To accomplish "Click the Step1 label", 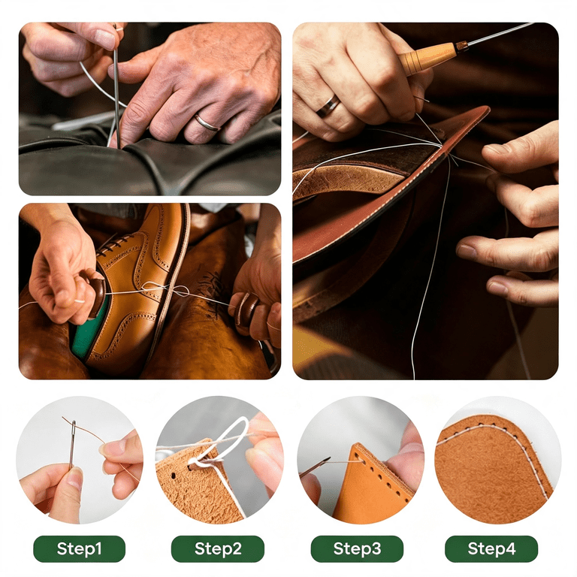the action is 79,548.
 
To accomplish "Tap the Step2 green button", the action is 218,548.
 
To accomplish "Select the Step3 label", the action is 357,548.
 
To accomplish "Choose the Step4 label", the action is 491,548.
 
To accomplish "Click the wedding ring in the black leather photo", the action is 207,123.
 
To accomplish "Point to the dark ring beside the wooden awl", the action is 328,107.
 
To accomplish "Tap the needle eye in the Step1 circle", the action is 74,429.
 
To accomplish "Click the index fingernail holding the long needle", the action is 106,39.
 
